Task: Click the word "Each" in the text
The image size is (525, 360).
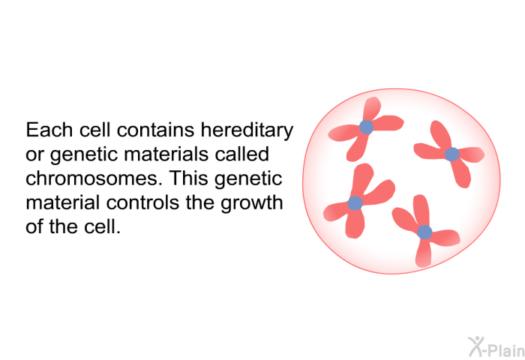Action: point(49,130)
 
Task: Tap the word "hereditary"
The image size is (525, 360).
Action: point(247,130)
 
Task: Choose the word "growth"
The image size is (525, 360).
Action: point(251,203)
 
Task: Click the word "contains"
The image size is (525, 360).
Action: point(156,130)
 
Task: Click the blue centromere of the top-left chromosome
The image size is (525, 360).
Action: point(366,127)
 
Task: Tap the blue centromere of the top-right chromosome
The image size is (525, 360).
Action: point(452,154)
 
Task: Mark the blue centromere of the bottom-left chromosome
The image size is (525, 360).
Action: point(355,203)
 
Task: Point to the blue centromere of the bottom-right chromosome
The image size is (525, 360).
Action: point(424,232)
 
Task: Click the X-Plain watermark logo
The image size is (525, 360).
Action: point(496,346)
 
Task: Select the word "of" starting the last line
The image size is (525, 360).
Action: point(34,226)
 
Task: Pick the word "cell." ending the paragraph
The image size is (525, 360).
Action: point(102,226)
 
